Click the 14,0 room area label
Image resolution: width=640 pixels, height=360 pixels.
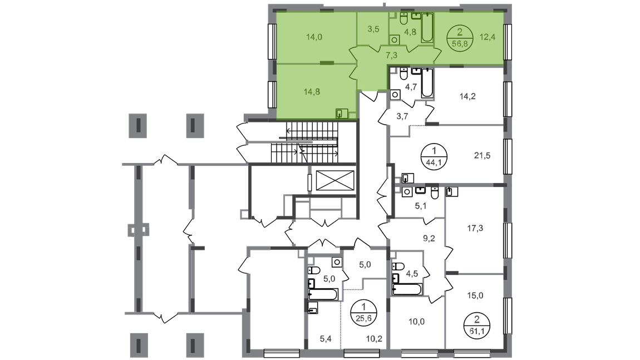[314, 37]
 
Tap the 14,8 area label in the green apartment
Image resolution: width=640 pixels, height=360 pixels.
[312, 92]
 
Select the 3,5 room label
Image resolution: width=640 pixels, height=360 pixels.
[373, 29]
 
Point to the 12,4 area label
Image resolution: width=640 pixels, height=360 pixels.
[488, 37]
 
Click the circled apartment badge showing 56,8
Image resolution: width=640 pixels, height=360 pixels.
[460, 38]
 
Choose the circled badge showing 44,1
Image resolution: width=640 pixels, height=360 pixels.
[434, 156]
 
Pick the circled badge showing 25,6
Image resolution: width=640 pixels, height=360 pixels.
[363, 312]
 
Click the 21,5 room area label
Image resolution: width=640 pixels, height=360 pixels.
[482, 155]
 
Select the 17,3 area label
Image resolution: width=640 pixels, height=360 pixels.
[475, 228]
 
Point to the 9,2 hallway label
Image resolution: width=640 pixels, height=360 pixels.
[429, 238]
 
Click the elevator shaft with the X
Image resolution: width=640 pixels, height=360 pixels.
[335, 180]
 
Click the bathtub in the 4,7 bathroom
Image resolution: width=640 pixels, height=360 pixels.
[426, 83]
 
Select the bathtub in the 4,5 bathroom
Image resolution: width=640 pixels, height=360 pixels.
[406, 289]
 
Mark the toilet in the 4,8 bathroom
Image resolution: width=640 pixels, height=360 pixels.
[404, 18]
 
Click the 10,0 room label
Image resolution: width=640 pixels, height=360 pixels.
[416, 322]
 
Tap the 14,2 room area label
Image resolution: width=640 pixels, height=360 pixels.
[467, 97]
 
